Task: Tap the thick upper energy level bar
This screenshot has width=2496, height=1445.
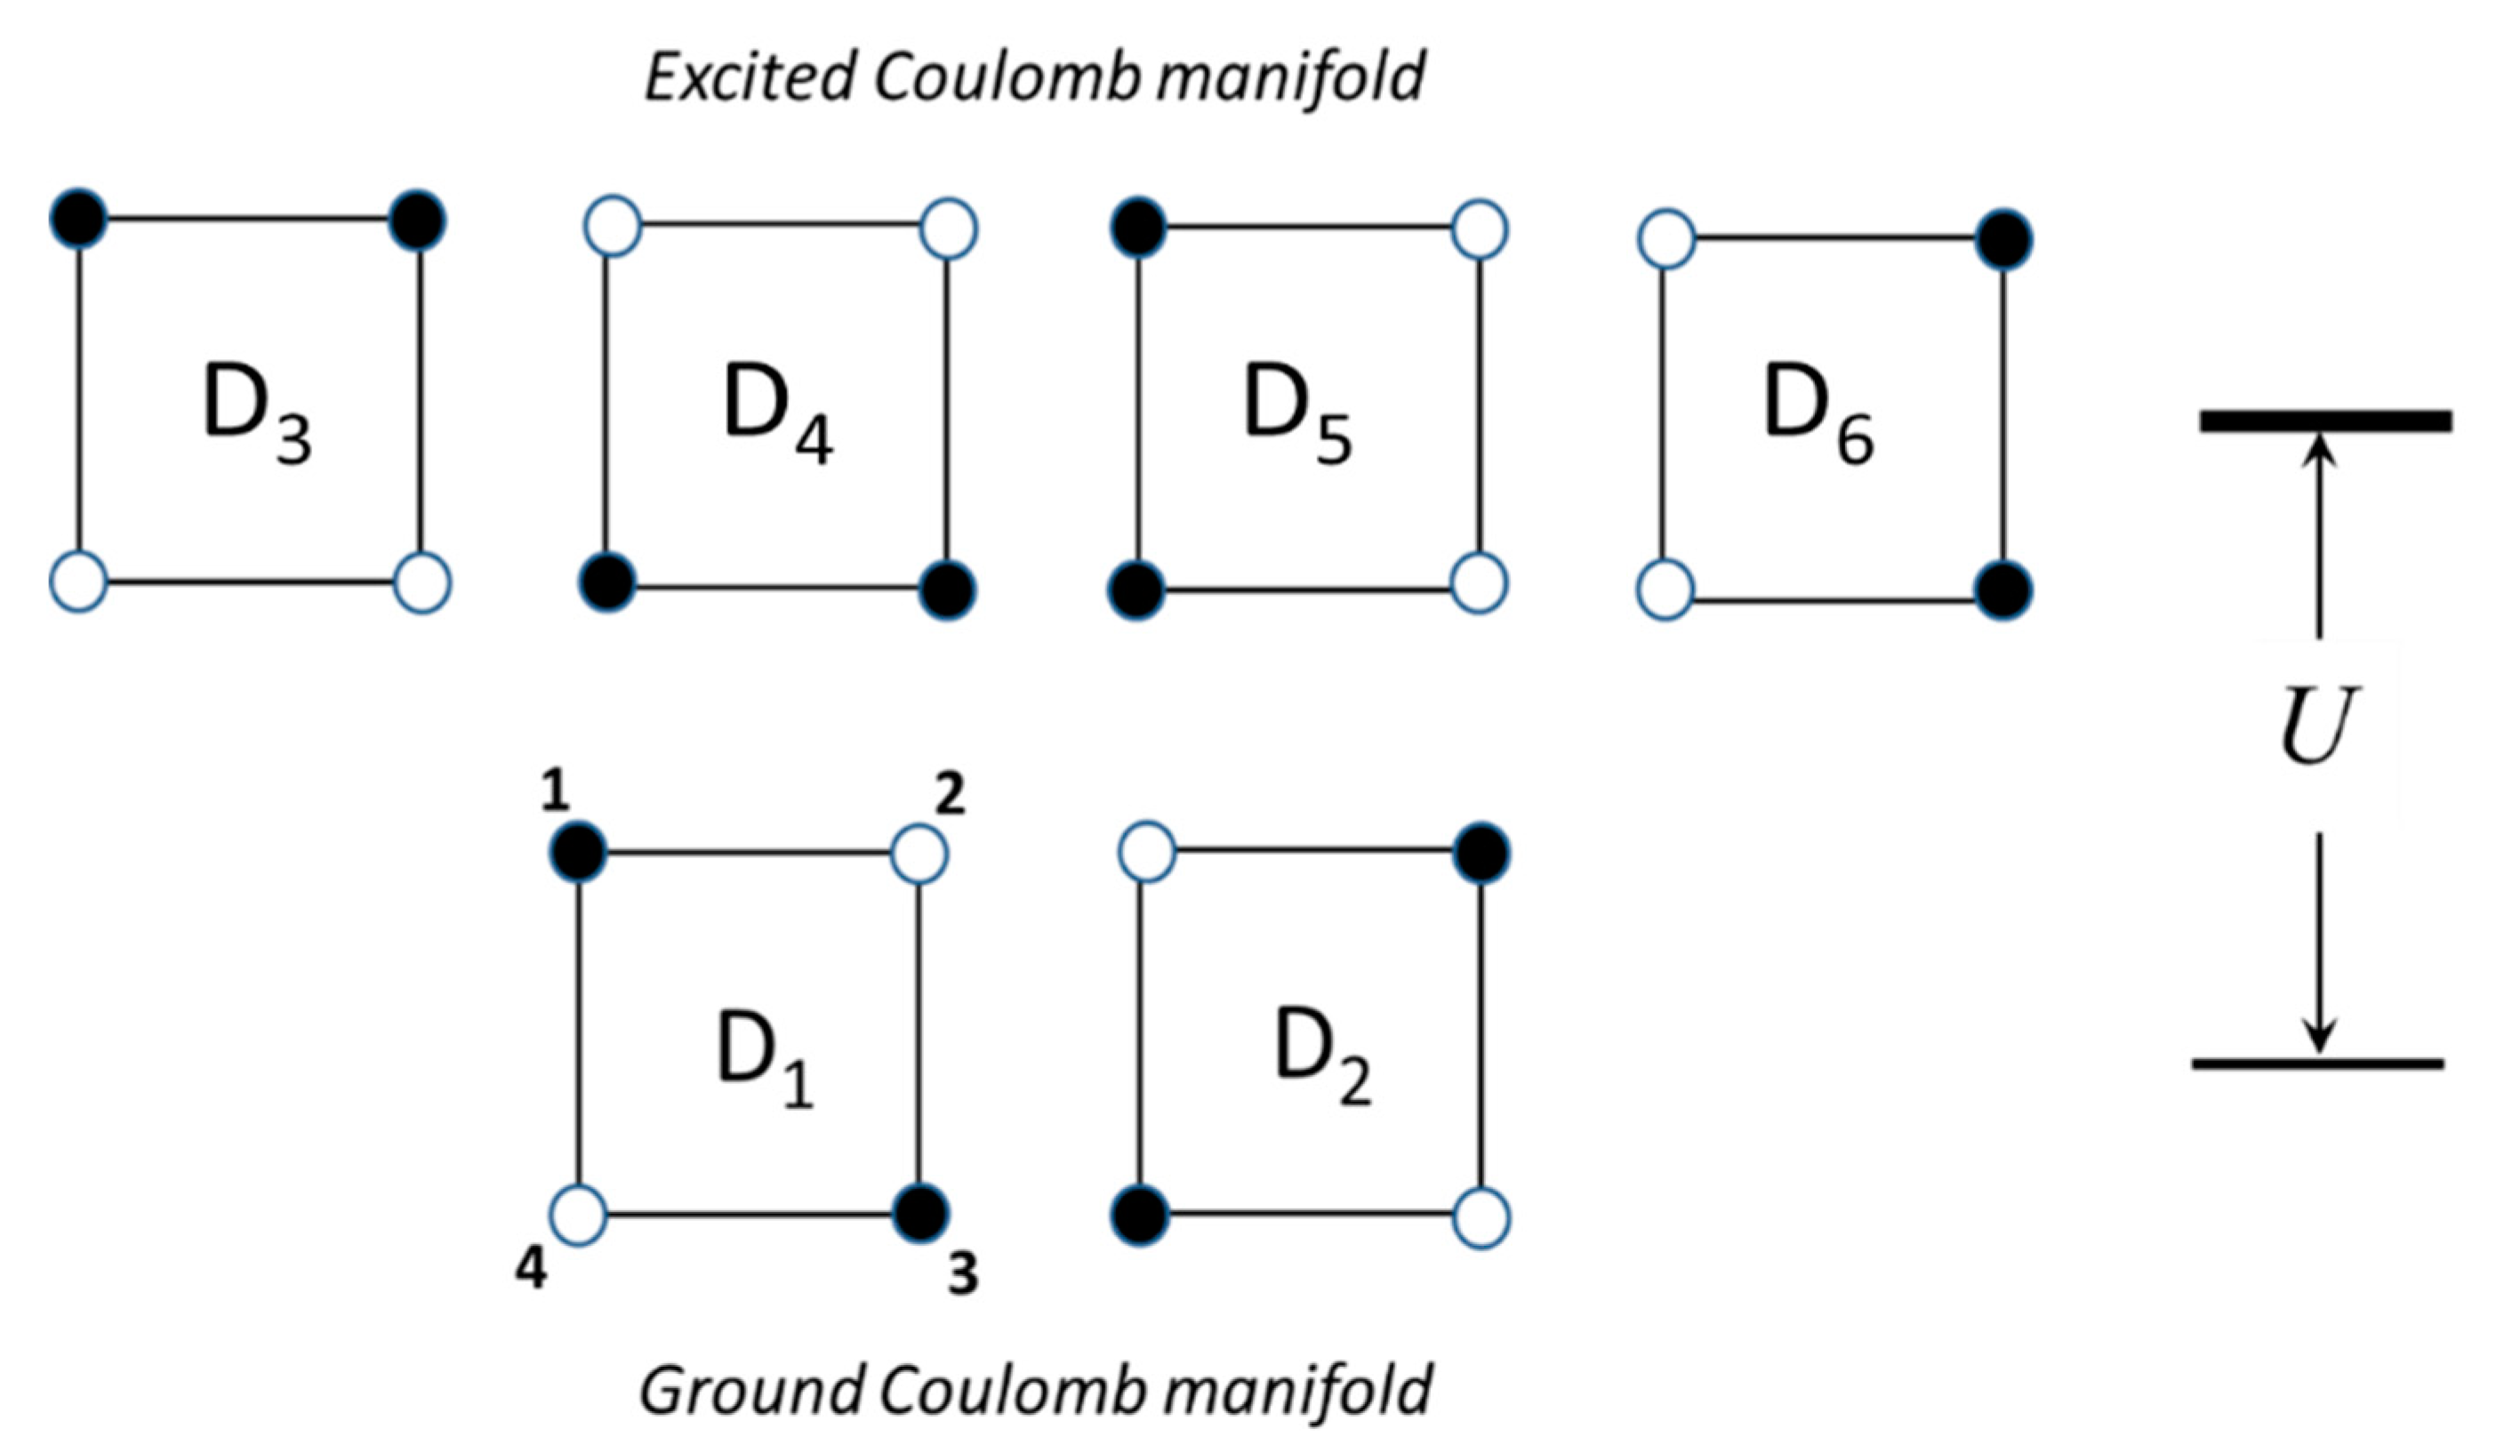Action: click(x=2325, y=421)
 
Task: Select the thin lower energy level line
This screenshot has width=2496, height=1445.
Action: click(x=2317, y=1064)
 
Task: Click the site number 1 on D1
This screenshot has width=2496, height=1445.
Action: click(x=555, y=792)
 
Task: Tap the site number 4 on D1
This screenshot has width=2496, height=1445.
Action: click(x=531, y=1271)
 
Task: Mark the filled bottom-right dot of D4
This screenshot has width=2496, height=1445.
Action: click(x=948, y=591)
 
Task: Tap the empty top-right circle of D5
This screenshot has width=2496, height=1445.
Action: click(x=1480, y=229)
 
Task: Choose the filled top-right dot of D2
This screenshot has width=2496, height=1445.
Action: click(x=1481, y=853)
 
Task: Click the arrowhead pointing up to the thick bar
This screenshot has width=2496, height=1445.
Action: click(x=2317, y=452)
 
